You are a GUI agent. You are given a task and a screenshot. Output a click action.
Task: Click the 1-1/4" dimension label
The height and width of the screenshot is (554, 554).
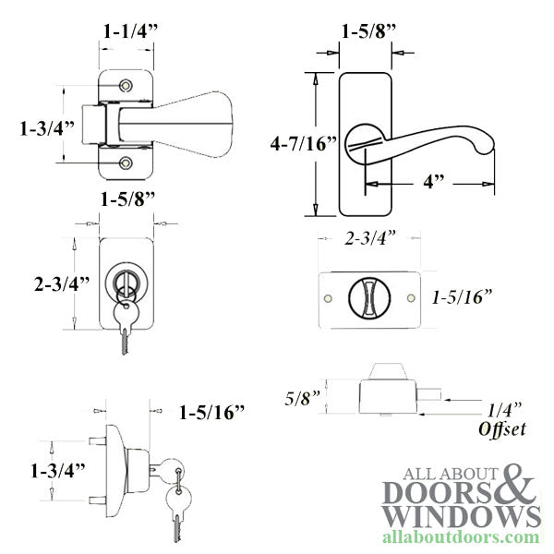130,31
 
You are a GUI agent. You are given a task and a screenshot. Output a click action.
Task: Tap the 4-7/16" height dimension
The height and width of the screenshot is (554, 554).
304,143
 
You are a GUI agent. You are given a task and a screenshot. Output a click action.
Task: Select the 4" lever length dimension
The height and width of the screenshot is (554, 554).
434,182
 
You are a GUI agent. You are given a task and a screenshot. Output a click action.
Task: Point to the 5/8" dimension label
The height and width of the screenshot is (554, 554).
303,398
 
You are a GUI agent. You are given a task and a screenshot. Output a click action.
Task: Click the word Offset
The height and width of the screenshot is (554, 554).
502,429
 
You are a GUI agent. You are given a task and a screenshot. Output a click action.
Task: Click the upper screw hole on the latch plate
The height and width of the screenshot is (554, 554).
126,86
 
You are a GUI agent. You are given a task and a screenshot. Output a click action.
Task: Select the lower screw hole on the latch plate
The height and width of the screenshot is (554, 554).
126,163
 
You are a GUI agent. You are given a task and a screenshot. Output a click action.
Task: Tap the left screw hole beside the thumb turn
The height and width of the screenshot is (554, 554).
328,298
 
